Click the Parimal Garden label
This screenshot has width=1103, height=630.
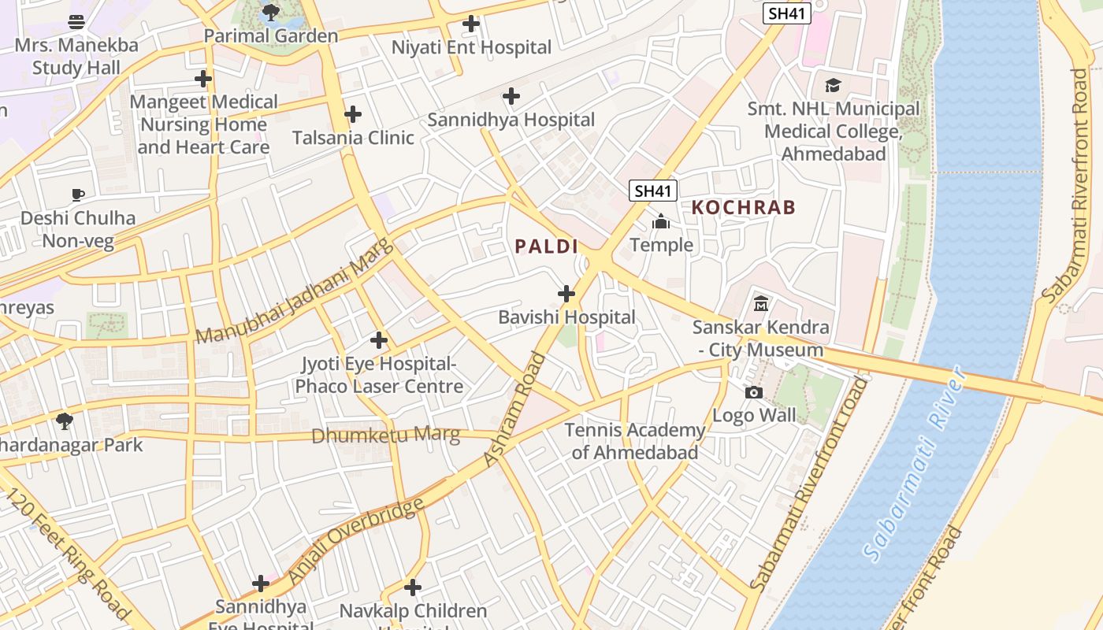coord(270,36)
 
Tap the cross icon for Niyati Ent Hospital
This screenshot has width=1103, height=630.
coord(471,24)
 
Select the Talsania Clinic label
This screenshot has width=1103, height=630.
coord(353,138)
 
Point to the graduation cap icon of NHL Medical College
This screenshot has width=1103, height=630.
coord(833,85)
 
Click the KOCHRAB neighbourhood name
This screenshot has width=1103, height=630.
coord(744,208)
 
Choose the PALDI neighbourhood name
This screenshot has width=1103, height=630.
coord(547,246)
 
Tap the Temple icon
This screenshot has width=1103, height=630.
coord(661,222)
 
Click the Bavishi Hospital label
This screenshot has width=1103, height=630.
coord(566,317)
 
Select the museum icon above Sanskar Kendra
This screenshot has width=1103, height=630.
coord(761,303)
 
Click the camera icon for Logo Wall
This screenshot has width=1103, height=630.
coord(754,392)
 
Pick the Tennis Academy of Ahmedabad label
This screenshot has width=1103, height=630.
coord(635,441)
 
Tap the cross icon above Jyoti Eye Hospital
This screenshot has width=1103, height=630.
coord(379,340)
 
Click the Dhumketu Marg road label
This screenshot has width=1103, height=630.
coord(385,435)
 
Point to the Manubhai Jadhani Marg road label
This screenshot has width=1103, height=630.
coord(292,291)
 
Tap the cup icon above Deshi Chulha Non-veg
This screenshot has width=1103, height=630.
coord(77,195)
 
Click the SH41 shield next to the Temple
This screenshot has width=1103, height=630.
coord(653,191)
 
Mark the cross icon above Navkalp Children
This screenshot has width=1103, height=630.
coord(413,587)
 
